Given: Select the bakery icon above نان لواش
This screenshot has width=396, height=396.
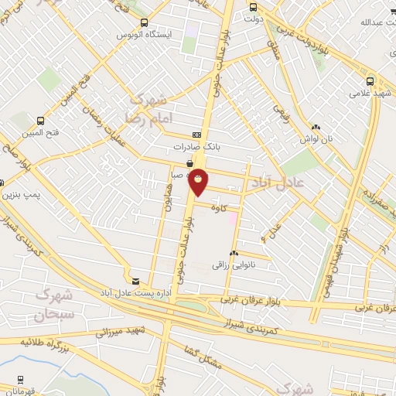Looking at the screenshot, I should tap(315, 127).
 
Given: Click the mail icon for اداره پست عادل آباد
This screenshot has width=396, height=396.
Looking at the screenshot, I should tap(136, 282).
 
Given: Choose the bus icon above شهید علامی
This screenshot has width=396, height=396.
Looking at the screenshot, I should tap(370, 80).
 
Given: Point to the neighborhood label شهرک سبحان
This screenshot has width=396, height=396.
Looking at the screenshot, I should tap(53, 306).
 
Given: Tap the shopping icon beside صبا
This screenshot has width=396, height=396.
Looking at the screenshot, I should tap(189, 163).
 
